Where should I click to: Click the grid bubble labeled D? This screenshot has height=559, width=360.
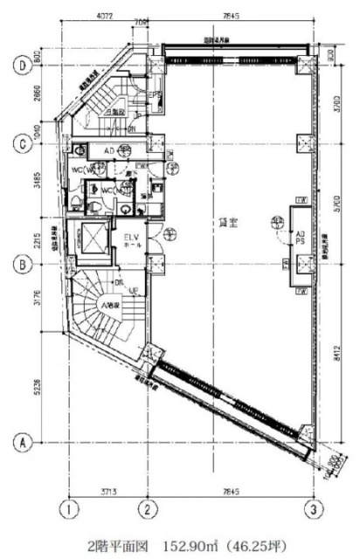pyautogui.click(x=17, y=64)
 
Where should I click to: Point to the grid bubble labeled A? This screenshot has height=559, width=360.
pyautogui.click(x=17, y=443)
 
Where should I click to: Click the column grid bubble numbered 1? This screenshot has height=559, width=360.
pyautogui.click(x=65, y=507)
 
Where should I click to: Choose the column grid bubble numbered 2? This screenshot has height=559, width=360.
pyautogui.click(x=149, y=507)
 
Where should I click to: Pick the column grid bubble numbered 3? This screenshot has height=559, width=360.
pyautogui.click(x=309, y=507)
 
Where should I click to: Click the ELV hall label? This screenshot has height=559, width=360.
pyautogui.click(x=132, y=240)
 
